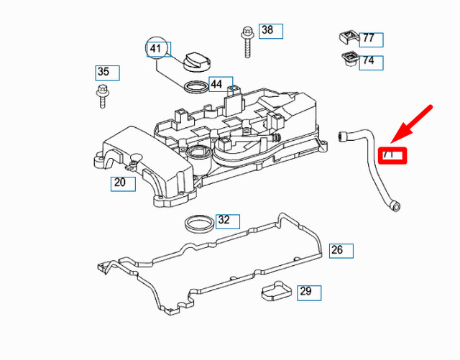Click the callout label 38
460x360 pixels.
coord(270,30)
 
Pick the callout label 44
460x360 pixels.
coord(221,84)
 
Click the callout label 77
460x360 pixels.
coord(371,39)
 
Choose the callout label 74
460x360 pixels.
coord(371,61)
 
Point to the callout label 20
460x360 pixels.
coord(122,183)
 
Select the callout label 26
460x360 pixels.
coord(341,250)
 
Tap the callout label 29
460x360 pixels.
coord(309,292)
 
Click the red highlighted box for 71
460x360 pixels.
coord(393,154)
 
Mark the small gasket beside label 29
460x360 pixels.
coord(274,292)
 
